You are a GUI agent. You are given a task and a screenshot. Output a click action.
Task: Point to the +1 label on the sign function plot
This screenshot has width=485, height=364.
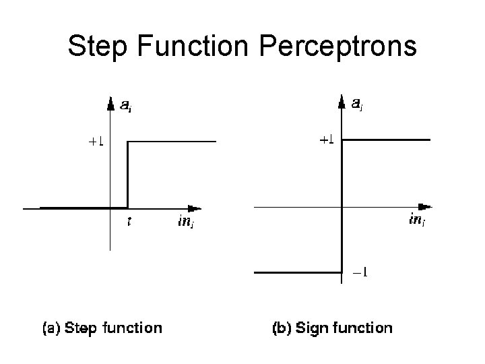click(x=327, y=140)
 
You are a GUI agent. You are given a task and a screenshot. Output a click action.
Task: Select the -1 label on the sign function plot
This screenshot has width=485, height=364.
click(x=360, y=274)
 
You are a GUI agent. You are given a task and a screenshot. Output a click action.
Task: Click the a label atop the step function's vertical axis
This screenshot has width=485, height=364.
click(x=126, y=104)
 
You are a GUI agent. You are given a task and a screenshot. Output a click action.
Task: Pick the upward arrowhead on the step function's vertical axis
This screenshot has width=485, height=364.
click(x=110, y=103)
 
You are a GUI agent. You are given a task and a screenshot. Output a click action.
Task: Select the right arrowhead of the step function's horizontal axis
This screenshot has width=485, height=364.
click(x=195, y=208)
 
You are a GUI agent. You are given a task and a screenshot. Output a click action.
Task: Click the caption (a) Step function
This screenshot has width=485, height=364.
click(x=102, y=328)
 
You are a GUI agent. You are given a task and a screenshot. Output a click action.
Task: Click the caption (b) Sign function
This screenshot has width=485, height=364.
click(x=331, y=328)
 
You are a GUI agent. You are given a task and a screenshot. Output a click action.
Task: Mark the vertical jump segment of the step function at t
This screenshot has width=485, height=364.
click(x=128, y=175)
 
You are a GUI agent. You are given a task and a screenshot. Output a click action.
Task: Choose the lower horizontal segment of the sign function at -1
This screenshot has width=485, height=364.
click(x=298, y=272)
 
